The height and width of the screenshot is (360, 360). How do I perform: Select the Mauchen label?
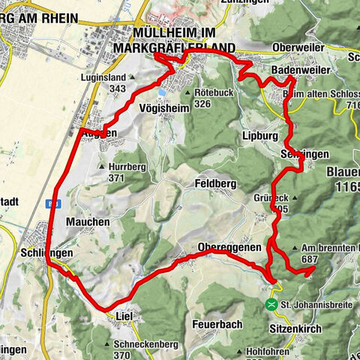coord(88,222)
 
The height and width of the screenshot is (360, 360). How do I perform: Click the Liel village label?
coord(124,316)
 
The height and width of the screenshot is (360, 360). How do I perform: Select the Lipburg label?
coord(260,136)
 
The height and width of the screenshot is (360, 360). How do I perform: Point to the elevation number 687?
coord(310,258)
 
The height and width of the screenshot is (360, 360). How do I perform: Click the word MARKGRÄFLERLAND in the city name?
coord(182,48)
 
